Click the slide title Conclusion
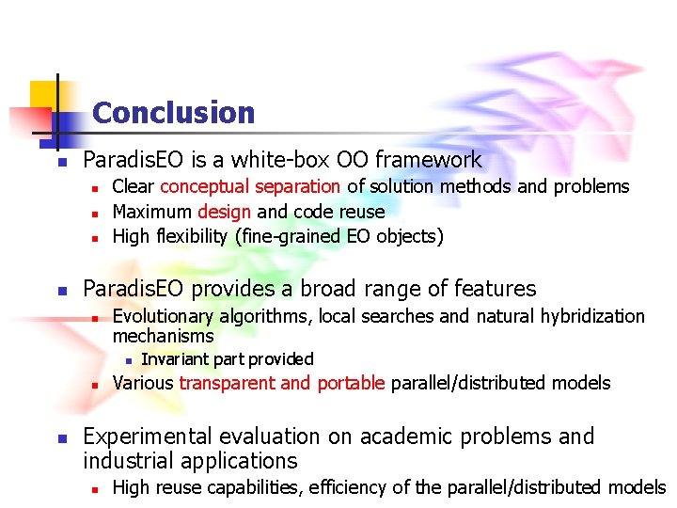[174, 114]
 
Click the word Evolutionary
[163, 316]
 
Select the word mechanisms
[163, 336]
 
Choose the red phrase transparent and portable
[282, 383]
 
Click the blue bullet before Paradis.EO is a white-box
[59, 162]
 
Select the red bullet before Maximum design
[95, 213]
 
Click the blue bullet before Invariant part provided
[129, 360]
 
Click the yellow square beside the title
[43, 95]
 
